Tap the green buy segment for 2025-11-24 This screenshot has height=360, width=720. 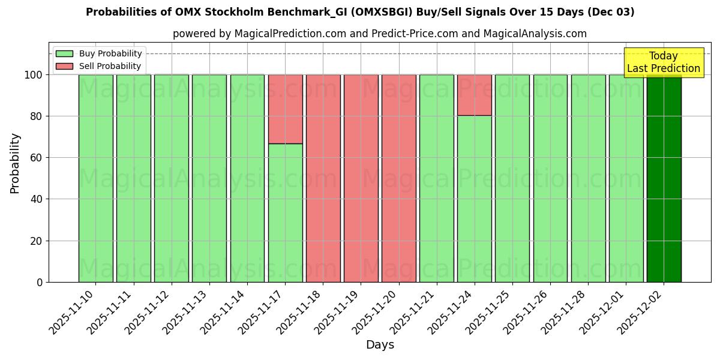475,198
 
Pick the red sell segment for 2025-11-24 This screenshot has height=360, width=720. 475,95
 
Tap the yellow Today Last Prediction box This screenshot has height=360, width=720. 663,62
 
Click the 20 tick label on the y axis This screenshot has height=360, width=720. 36,241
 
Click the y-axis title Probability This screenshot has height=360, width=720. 15,163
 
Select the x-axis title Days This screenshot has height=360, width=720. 380,345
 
